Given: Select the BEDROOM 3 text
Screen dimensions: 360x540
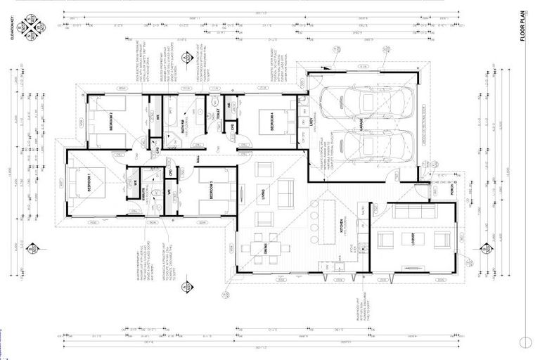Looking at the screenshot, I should coord(210,191).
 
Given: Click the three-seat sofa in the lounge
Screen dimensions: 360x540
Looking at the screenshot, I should coord(414,211).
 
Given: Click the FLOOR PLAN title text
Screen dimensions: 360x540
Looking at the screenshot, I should coord(523,27).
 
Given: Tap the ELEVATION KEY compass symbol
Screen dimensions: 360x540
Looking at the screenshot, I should coord(32,28).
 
